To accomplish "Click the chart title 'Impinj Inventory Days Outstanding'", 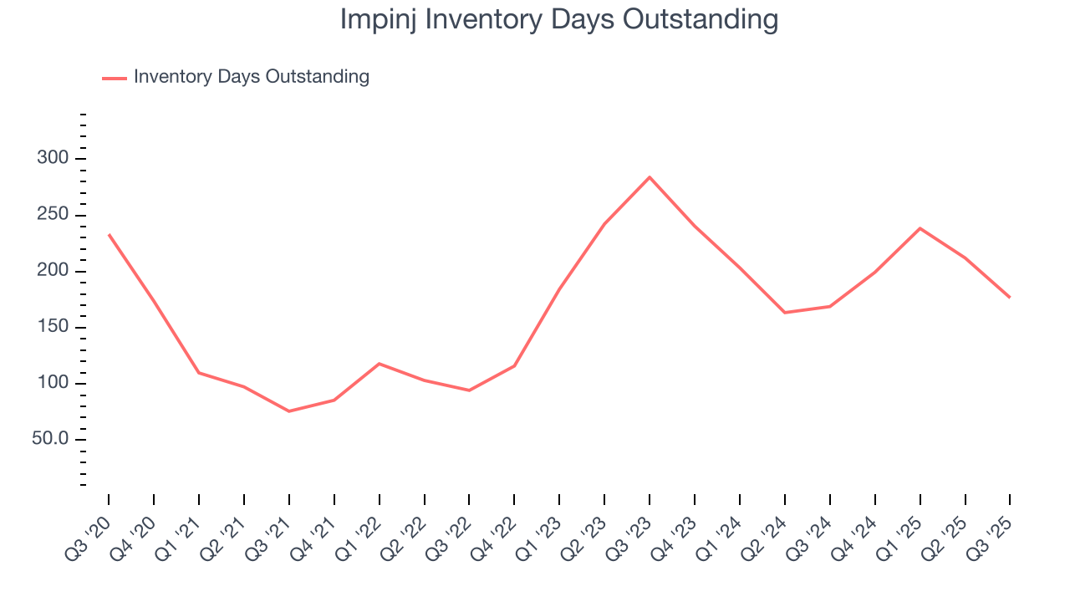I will [x=558, y=19].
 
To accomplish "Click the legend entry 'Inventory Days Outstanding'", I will [x=251, y=77].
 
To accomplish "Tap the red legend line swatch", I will [x=115, y=78].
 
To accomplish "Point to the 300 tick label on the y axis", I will [x=53, y=159].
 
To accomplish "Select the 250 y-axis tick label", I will [x=53, y=216].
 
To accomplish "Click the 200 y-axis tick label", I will [x=53, y=272].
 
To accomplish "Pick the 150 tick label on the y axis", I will [x=53, y=328].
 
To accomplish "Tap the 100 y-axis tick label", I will [x=53, y=384].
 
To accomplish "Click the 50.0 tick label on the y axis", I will [x=51, y=440].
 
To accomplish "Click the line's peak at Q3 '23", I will [x=650, y=177].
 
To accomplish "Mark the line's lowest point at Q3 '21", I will [x=289, y=411].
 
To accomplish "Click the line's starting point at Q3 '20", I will [x=109, y=234].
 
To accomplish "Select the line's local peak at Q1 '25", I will [x=920, y=228].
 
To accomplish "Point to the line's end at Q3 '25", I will [x=1010, y=298].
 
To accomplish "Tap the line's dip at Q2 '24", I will [x=785, y=313].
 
